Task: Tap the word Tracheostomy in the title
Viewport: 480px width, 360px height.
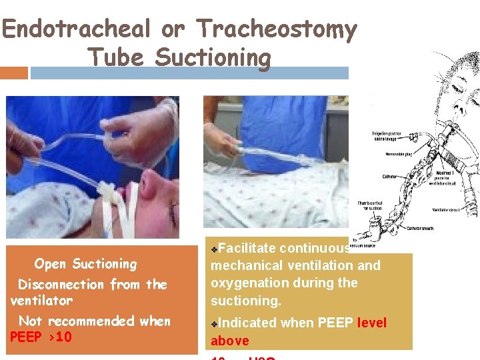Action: point(276,30)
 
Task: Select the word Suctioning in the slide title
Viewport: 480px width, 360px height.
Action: point(213,58)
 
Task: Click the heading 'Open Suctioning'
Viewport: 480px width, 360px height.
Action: point(85,264)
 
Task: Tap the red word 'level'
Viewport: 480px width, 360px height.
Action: point(371,323)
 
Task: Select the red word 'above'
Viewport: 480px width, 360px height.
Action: point(229,341)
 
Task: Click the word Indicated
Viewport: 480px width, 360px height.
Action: point(248,323)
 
